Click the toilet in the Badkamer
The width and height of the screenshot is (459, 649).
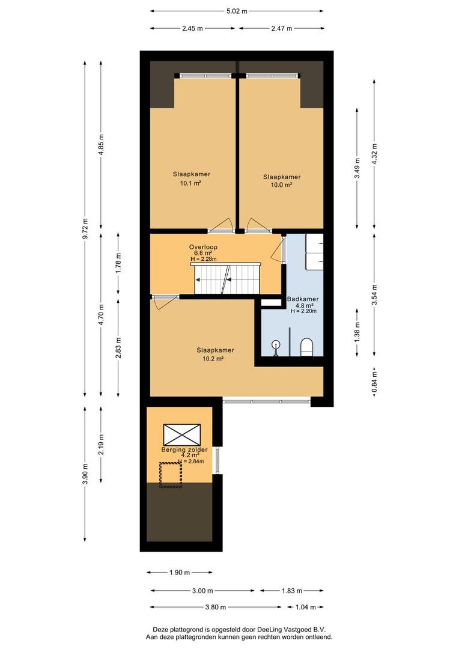point(306,347)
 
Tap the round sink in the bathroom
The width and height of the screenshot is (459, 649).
point(276,344)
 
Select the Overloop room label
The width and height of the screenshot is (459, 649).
point(203,247)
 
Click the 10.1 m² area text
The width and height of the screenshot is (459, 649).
point(191,183)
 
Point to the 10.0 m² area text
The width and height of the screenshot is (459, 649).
point(281,185)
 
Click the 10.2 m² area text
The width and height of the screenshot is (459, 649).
point(213,359)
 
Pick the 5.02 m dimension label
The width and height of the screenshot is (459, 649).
point(237,11)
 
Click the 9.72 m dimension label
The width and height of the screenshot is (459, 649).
point(85,228)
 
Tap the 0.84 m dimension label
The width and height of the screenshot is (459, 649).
point(374,382)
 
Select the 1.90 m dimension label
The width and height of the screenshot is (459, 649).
point(180,573)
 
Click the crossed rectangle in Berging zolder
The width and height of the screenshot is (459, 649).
point(182,434)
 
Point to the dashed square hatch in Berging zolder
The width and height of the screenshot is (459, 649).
point(171,475)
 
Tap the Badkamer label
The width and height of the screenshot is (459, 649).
point(303,299)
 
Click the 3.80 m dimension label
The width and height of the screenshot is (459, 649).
point(215,607)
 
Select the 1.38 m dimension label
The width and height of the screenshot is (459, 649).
point(357,331)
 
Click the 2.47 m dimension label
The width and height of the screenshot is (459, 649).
point(281,29)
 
